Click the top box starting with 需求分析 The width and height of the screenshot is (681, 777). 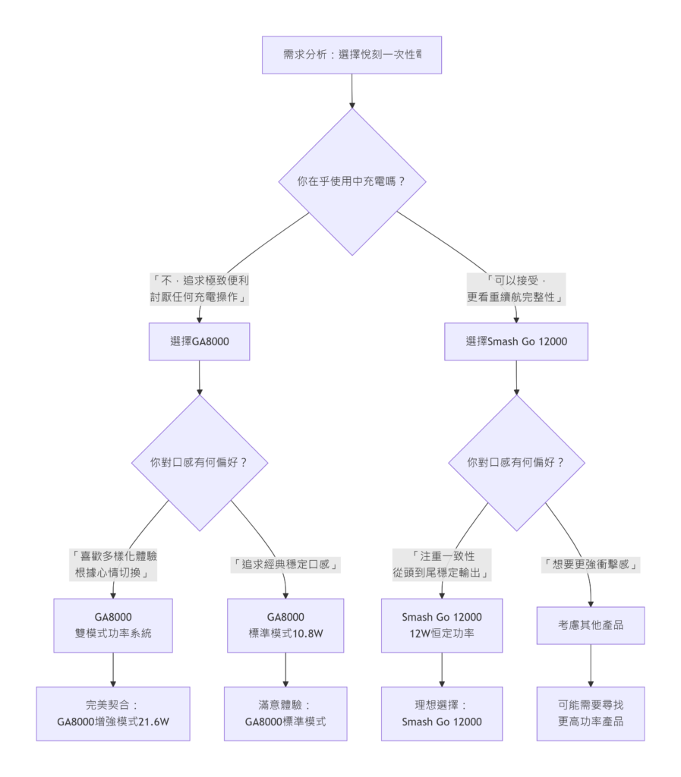tap(352, 55)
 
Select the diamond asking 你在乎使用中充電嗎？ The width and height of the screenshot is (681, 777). tap(352, 182)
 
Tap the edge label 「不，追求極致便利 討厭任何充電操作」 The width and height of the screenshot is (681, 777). tap(200, 289)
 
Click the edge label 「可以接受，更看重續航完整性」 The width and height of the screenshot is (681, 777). tap(516, 289)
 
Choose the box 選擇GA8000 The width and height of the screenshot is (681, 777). tap(200, 341)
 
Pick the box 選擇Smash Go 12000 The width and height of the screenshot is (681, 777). tap(516, 341)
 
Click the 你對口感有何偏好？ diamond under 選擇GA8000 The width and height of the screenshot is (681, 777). tap(200, 462)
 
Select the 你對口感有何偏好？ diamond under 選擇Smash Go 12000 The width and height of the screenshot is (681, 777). tap(516, 462)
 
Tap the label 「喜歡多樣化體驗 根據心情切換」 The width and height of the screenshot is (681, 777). tap(113, 565)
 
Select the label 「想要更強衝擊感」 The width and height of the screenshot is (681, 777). tap(590, 565)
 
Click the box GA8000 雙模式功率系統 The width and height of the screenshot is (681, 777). tap(113, 625)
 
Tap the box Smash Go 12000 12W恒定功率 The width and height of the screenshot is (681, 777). tap(443, 625)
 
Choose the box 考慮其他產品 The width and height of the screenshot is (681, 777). tap(590, 626)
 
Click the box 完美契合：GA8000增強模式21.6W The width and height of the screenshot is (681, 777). tap(113, 713)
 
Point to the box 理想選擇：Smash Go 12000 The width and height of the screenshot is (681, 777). tap(443, 713)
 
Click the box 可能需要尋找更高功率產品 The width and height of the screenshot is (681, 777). tap(590, 713)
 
